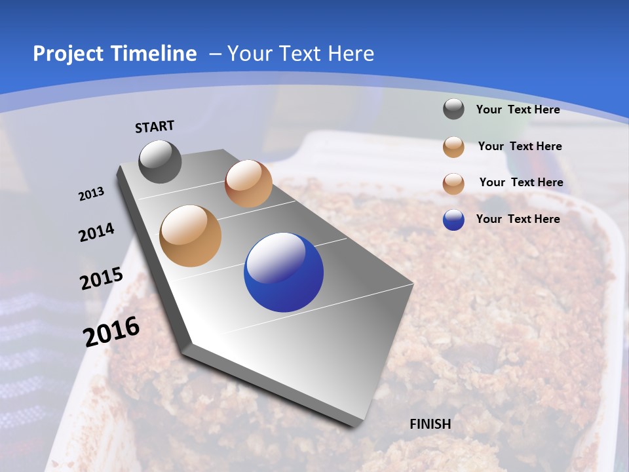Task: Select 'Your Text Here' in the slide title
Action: pyautogui.click(x=300, y=54)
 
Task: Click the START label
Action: pyautogui.click(x=155, y=127)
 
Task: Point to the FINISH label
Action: pyautogui.click(x=430, y=424)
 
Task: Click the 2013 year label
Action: pyautogui.click(x=92, y=194)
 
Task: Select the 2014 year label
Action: pyautogui.click(x=96, y=232)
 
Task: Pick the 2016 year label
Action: pyautogui.click(x=111, y=331)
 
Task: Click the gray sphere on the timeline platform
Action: pyautogui.click(x=161, y=161)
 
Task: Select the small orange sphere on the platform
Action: pyautogui.click(x=248, y=184)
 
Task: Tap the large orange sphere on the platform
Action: pyautogui.click(x=191, y=236)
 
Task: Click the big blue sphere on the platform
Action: pyautogui.click(x=284, y=272)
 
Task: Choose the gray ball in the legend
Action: pyautogui.click(x=453, y=109)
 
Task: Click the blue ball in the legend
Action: pyautogui.click(x=453, y=220)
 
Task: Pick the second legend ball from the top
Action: pyautogui.click(x=453, y=147)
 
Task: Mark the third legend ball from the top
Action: pyautogui.click(x=453, y=184)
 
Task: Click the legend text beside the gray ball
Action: pyautogui.click(x=518, y=109)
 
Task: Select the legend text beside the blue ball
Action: pyautogui.click(x=518, y=219)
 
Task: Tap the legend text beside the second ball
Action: pyautogui.click(x=520, y=146)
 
